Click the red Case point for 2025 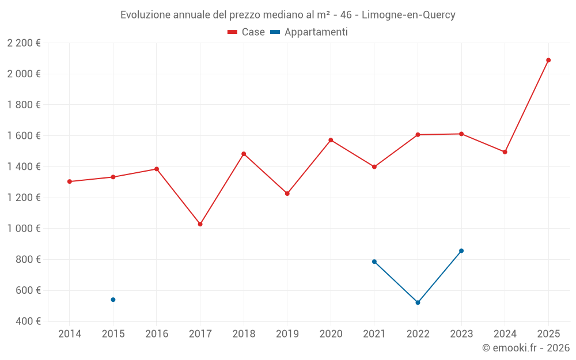point(548,60)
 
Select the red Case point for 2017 point(200,224)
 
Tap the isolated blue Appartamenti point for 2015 point(113,300)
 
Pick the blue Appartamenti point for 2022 point(418,302)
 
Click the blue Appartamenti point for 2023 point(461,251)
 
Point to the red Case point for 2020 point(331,140)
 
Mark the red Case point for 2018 point(244,154)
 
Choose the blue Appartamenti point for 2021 point(374,262)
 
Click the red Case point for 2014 point(70,181)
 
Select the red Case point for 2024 point(505,152)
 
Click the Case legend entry point(247,32)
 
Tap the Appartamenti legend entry point(309,32)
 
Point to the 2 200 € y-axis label point(24,43)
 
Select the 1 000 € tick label point(24,229)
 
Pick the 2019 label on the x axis point(287,334)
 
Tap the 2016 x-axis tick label point(157,334)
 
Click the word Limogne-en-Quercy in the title point(408,15)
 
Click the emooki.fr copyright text point(526,348)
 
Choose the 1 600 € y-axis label point(24,136)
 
